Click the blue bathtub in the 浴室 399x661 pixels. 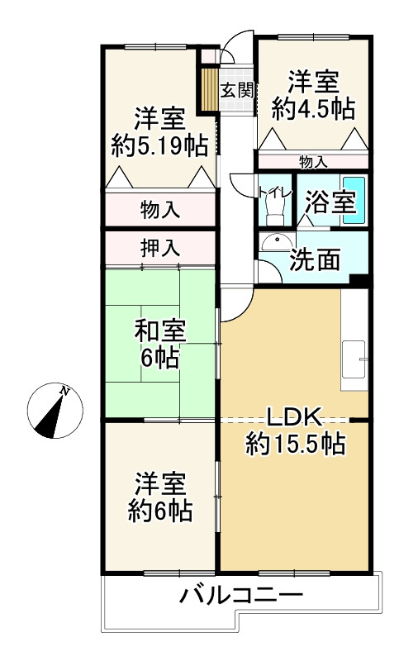click(x=354, y=200)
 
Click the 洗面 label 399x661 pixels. click(x=314, y=259)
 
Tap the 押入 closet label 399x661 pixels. click(x=159, y=247)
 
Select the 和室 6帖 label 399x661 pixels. click(x=160, y=345)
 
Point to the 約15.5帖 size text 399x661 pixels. click(x=294, y=445)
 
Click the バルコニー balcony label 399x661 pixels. click(x=240, y=596)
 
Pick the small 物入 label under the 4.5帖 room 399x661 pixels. click(x=312, y=161)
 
